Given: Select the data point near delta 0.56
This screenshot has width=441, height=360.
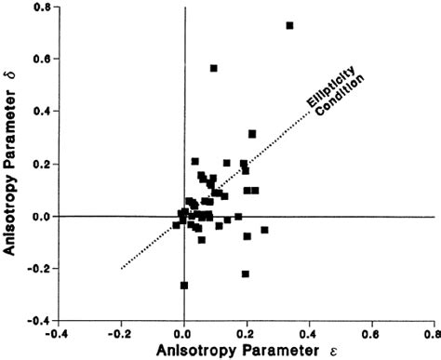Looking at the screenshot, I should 214,68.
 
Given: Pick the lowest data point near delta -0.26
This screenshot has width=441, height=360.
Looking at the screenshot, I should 184,285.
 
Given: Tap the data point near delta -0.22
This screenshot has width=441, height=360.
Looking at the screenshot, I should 246,273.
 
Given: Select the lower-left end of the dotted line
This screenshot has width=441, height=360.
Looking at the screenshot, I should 121,269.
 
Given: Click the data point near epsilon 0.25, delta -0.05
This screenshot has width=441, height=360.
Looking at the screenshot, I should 264,230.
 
